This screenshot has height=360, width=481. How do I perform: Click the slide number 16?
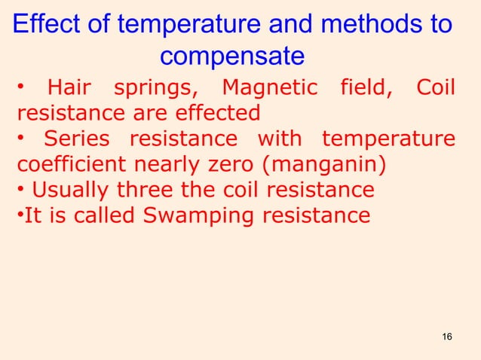447,335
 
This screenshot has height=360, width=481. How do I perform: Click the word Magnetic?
269,89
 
